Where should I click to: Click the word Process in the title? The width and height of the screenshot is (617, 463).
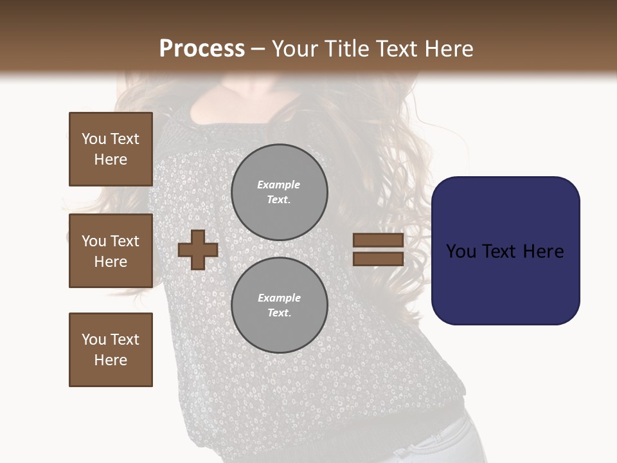[x=202, y=48]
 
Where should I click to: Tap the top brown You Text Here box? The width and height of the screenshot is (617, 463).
[x=111, y=149]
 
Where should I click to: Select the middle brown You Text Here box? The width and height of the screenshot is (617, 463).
[x=111, y=251]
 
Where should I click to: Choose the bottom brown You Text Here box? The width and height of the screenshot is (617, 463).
[x=111, y=350]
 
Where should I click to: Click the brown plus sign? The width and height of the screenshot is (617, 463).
[x=198, y=250]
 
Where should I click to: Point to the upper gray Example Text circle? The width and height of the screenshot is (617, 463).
[x=279, y=192]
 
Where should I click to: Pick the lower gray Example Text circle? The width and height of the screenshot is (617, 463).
[x=279, y=305]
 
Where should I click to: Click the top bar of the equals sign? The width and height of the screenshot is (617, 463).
[x=378, y=240]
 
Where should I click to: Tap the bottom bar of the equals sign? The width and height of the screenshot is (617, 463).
[x=378, y=259]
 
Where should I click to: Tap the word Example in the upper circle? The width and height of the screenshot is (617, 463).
[x=278, y=185]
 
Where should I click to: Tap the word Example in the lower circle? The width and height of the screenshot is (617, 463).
[x=278, y=298]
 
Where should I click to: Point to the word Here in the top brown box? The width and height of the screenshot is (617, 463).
[x=111, y=159]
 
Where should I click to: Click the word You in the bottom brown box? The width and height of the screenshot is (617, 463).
[x=94, y=340]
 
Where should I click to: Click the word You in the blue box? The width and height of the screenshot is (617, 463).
[x=461, y=251]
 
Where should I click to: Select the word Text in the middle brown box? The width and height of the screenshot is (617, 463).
[x=125, y=241]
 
